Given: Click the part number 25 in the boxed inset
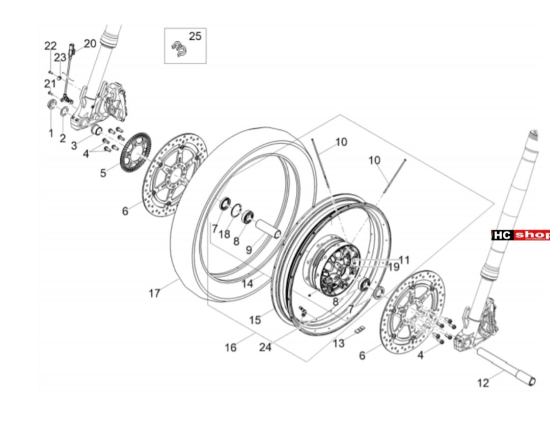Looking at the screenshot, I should coord(195,36).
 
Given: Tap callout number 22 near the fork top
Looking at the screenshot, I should coord(50,46).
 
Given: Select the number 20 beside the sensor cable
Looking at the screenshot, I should coord(90,44).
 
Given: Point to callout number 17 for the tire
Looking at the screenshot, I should coord(155,293).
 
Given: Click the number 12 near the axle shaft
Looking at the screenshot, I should coord(483,383).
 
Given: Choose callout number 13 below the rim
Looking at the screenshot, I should coord(339,343).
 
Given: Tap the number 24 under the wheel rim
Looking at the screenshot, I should coord(265,347).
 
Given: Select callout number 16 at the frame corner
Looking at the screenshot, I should coord(231,348).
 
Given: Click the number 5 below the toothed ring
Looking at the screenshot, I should coord(103,173).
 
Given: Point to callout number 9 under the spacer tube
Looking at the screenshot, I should coord(249,250).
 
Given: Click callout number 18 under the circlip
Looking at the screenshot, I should coord(225,234).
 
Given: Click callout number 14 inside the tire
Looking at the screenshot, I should coord(248,284).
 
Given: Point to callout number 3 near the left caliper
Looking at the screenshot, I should coord(74,146).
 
